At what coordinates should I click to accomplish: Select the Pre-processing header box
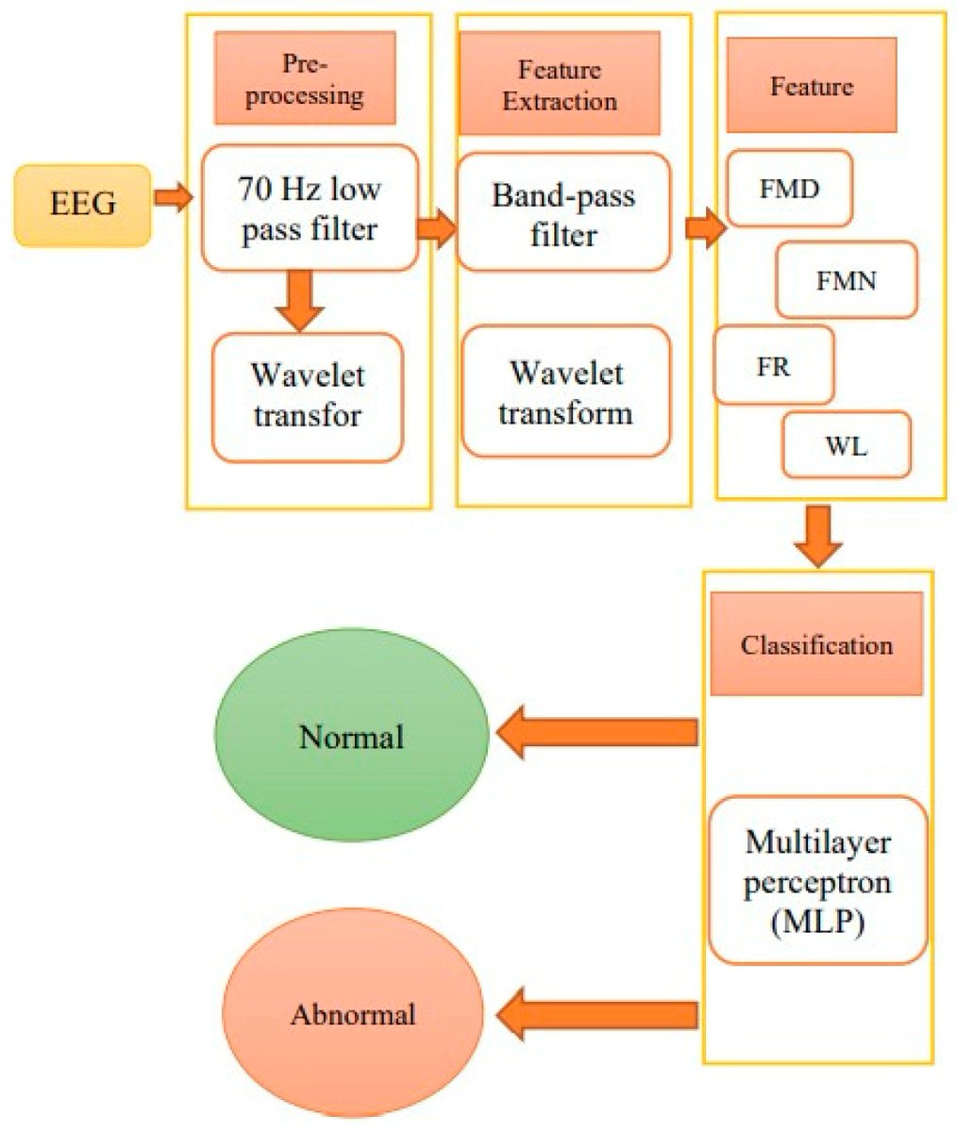tap(304, 79)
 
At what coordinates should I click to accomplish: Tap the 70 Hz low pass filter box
tap(311, 208)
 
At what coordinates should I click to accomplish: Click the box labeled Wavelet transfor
tap(308, 397)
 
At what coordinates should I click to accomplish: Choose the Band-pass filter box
tap(563, 213)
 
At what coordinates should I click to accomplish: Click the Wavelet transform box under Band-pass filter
tap(565, 391)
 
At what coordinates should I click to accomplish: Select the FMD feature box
tap(789, 188)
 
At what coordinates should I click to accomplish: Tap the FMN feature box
tap(847, 279)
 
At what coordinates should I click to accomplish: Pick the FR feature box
tap(774, 365)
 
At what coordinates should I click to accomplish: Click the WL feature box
tap(847, 444)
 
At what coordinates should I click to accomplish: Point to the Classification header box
tap(816, 644)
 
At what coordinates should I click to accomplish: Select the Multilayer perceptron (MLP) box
tap(817, 880)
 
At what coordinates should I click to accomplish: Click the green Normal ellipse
tap(351, 736)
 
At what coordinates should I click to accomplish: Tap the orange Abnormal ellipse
tap(353, 1015)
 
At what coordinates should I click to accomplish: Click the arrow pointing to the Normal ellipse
tap(596, 733)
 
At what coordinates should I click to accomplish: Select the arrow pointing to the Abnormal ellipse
tap(596, 1014)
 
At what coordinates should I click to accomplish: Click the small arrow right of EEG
tap(172, 198)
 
